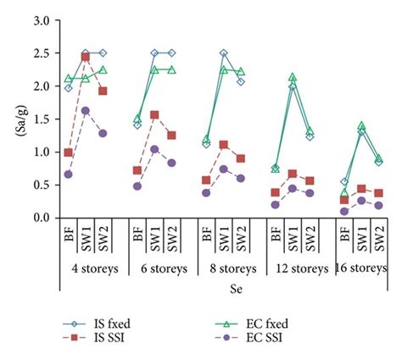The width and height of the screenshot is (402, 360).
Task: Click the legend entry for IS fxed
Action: tap(106, 323)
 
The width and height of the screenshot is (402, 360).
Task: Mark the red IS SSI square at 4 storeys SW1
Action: tap(86, 57)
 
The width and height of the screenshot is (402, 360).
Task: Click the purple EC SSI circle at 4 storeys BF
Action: tap(44, 174)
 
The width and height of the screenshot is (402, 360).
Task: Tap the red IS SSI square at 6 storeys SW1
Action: tap(154, 114)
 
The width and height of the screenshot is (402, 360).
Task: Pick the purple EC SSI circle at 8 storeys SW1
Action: tap(224, 169)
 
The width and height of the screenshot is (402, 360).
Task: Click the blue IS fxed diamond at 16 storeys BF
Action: tap(343, 182)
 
